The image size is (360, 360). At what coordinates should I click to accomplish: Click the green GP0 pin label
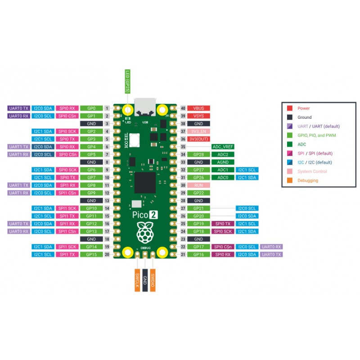92,108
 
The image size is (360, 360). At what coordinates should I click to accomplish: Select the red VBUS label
198,108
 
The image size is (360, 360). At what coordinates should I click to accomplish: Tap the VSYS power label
198,116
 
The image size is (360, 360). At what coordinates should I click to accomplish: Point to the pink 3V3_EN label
198,131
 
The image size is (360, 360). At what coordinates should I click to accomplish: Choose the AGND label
222,162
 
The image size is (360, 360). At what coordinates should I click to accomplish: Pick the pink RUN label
198,185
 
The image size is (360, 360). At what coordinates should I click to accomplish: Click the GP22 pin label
198,193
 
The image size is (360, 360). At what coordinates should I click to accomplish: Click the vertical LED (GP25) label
127,81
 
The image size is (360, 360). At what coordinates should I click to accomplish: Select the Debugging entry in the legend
308,180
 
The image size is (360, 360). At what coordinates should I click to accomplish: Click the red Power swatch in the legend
290,108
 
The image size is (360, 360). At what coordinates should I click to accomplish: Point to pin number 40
183,108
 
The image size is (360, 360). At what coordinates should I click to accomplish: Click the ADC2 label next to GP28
222,154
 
